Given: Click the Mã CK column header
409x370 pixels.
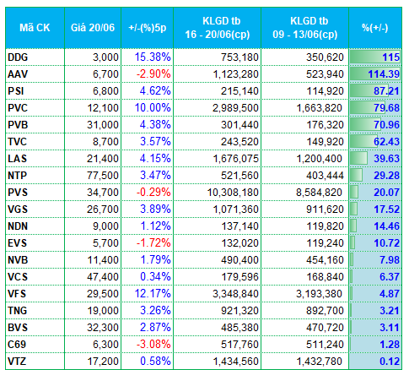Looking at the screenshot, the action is click(35, 28).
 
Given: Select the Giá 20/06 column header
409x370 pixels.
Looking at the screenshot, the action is click(93, 28).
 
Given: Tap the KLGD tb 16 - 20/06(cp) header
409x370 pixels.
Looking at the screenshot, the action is click(218, 28).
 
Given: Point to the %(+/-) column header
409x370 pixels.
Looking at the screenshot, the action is click(375, 28).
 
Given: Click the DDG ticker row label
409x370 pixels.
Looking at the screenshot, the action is click(18, 57).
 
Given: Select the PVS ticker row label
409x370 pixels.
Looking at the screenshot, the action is click(18, 193).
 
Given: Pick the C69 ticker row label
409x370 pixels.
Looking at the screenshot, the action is click(17, 345).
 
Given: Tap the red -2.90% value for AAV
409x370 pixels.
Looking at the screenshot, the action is click(153, 74).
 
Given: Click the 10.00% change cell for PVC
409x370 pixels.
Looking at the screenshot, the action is click(153, 108).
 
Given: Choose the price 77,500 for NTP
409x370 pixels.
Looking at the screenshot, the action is click(103, 176).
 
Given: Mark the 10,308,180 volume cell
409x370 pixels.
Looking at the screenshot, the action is click(233, 193).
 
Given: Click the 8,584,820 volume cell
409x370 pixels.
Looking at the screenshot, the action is click(319, 193).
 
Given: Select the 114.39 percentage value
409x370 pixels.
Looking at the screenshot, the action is click(384, 74).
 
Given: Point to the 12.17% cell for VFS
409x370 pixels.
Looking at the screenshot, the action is click(153, 294).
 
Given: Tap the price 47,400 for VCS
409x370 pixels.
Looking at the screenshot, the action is click(103, 277).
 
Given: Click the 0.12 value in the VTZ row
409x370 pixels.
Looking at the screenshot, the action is click(390, 362).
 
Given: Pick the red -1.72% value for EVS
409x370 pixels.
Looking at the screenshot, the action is click(153, 243).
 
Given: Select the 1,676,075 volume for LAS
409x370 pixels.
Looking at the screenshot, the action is click(235, 159).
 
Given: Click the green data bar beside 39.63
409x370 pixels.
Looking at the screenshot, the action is click(358, 159).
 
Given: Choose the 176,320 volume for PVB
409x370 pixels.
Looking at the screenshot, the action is click(325, 125).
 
